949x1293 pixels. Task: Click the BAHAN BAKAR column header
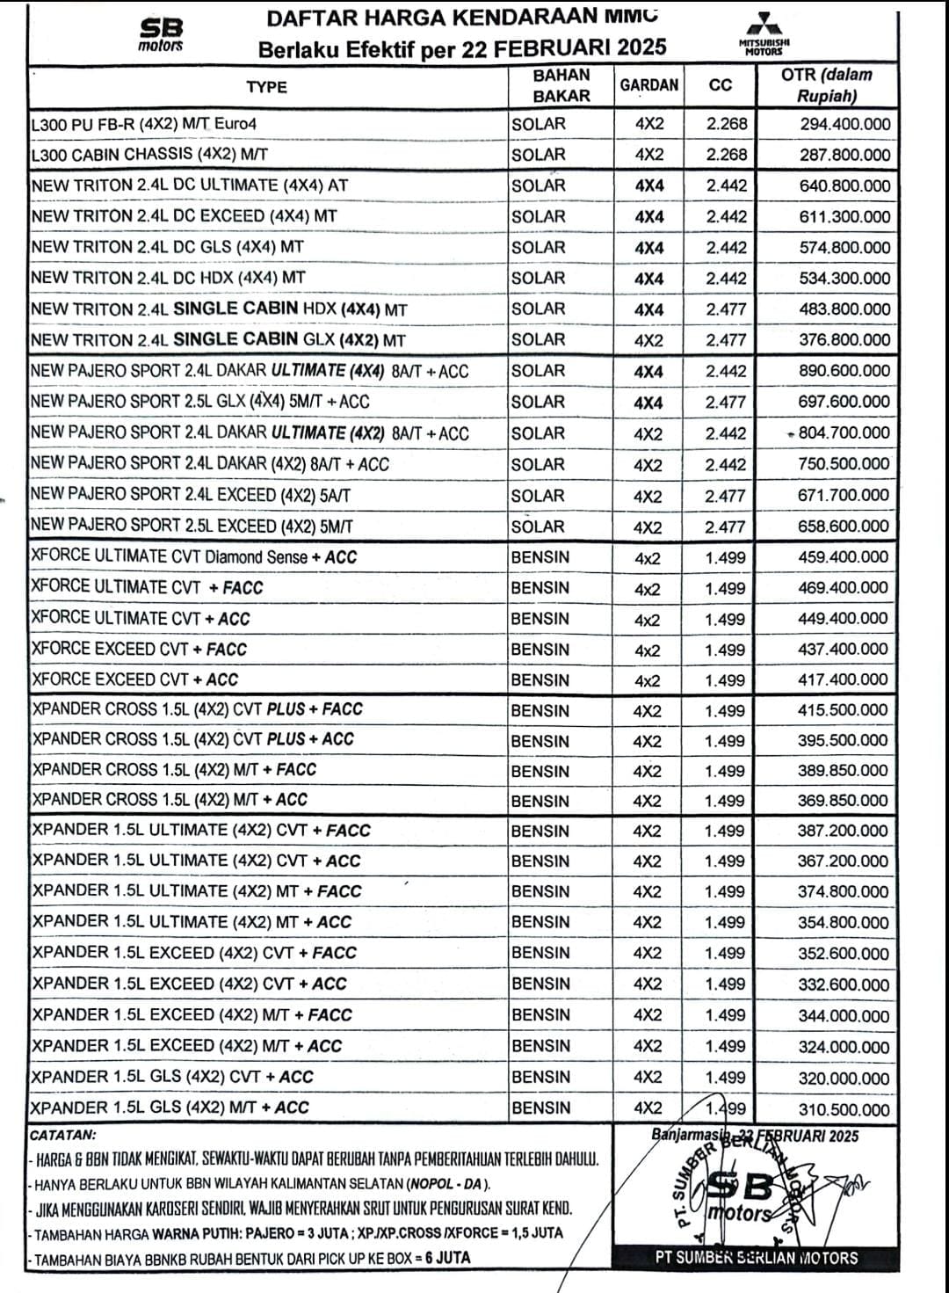click(561, 85)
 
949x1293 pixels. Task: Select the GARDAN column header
click(649, 85)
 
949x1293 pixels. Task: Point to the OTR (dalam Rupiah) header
click(826, 85)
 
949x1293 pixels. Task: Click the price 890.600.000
click(844, 371)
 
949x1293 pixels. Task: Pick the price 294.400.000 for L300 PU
click(844, 124)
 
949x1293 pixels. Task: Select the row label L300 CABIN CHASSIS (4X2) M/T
click(149, 154)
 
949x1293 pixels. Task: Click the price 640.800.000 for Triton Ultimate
click(844, 185)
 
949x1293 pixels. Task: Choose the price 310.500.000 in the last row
click(844, 1109)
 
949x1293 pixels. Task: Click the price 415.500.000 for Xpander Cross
click(843, 710)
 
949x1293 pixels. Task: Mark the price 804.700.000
click(844, 432)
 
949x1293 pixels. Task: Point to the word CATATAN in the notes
click(63, 1136)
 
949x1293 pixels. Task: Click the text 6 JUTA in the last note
click(447, 1258)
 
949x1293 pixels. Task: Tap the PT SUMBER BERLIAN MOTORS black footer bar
click(756, 1257)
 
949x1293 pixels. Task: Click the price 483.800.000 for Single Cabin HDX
click(844, 309)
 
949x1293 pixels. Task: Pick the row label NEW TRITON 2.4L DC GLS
click(167, 247)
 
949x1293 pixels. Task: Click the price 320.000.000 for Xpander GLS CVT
click(844, 1079)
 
